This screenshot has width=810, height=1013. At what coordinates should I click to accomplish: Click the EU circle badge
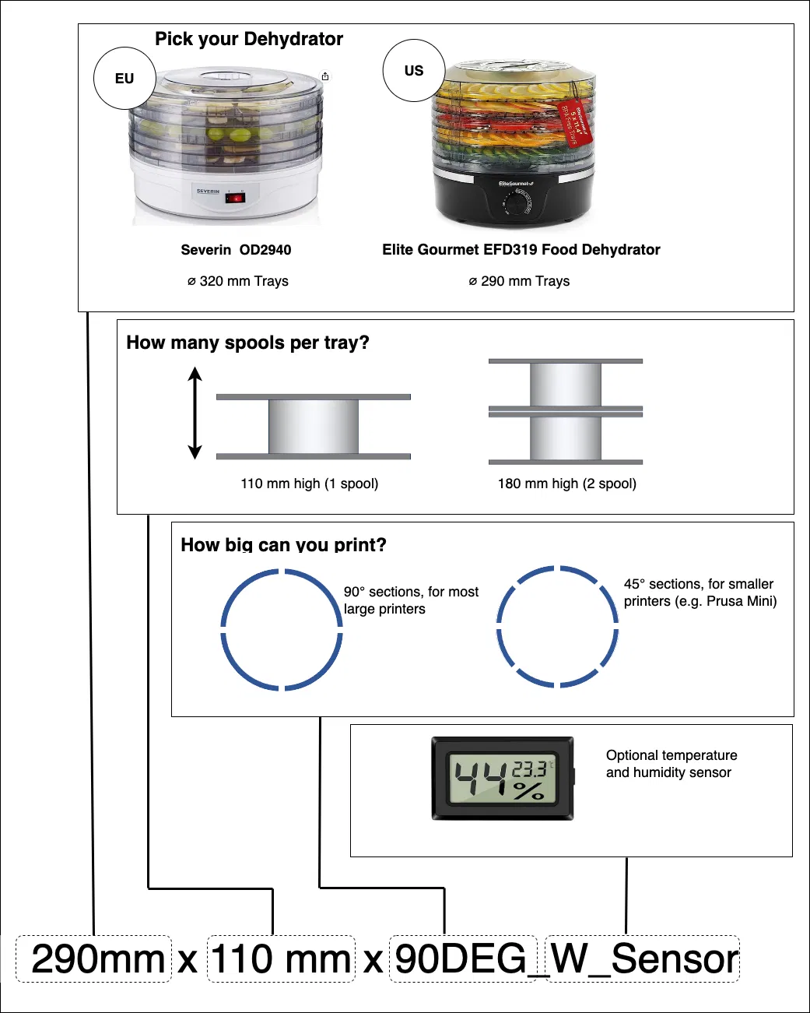(x=124, y=79)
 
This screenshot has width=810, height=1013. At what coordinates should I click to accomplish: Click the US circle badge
(x=414, y=71)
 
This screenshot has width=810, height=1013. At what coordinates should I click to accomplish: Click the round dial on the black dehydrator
(x=515, y=204)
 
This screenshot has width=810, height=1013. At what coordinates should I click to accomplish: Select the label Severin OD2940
(x=236, y=250)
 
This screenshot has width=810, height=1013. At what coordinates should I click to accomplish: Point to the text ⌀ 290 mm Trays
(x=519, y=281)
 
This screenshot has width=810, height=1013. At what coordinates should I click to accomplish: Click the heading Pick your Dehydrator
(x=249, y=39)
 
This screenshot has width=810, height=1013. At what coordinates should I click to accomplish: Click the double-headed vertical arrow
(x=195, y=413)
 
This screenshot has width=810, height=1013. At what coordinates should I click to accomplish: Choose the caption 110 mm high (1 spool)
(x=310, y=484)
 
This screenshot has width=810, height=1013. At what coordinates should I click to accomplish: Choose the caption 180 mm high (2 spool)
(x=567, y=484)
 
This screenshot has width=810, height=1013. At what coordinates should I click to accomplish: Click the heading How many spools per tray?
(x=247, y=343)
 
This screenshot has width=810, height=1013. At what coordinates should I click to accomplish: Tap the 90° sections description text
(x=411, y=600)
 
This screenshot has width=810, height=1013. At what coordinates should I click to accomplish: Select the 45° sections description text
(x=700, y=593)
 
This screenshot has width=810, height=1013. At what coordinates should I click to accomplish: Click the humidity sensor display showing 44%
(x=503, y=779)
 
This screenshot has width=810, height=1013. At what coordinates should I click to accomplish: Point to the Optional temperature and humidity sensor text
(x=671, y=764)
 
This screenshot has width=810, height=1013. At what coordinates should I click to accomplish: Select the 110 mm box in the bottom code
(x=281, y=958)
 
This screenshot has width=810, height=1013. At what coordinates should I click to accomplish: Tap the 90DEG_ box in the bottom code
(x=463, y=958)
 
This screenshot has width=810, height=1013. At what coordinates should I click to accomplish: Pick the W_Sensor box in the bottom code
(x=643, y=958)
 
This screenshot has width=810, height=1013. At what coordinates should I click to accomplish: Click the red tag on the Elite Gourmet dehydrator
(x=577, y=121)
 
